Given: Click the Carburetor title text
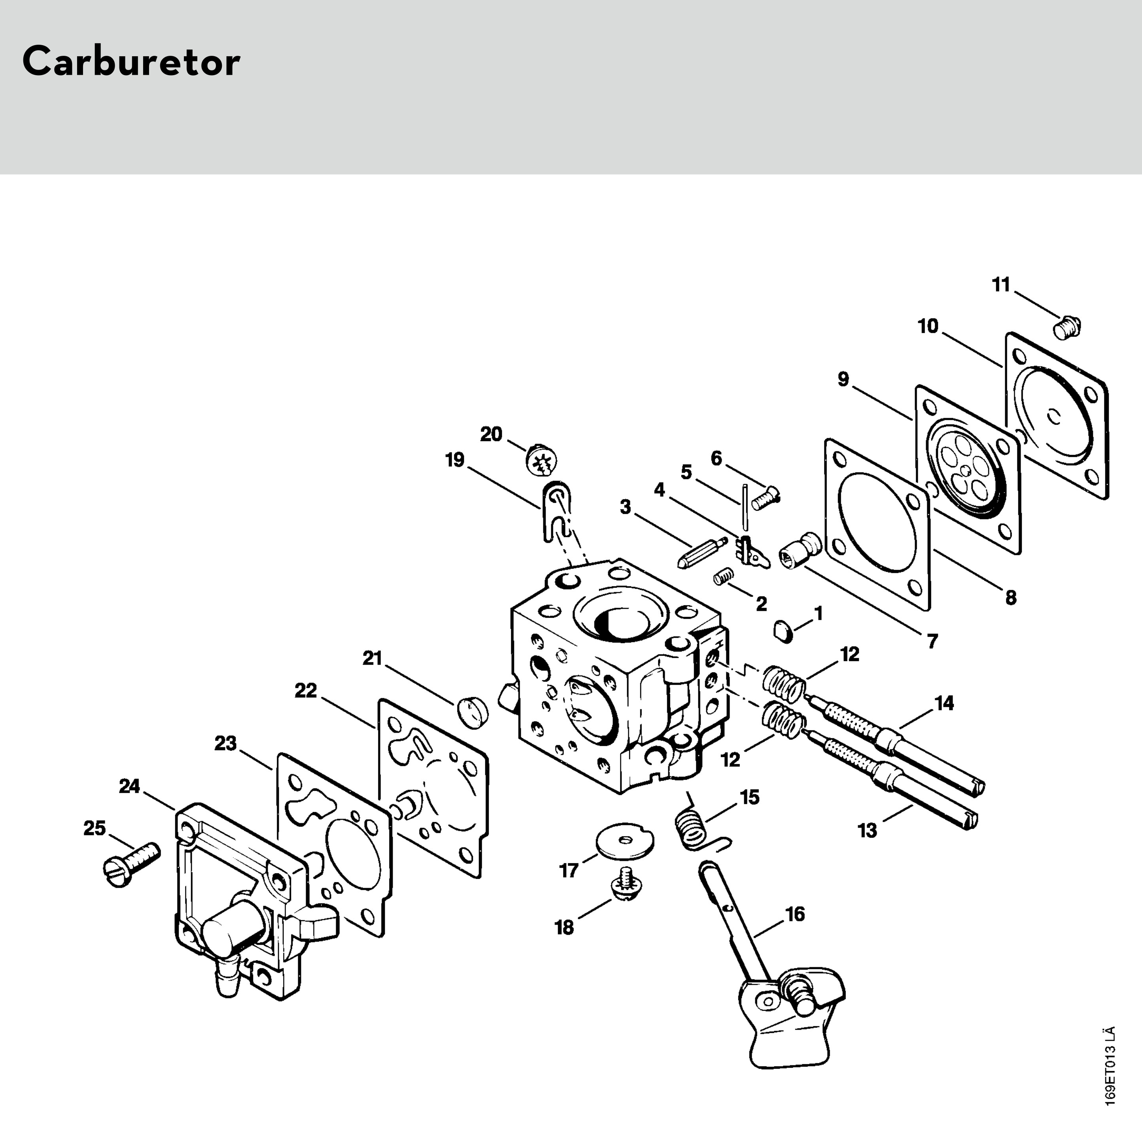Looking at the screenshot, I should click(131, 61).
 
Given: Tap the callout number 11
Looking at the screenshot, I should click(1001, 285).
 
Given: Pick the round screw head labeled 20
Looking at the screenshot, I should click(541, 459).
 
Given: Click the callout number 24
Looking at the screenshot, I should click(129, 786).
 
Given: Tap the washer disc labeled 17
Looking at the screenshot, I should click(624, 840).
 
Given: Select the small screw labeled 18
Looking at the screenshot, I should click(626, 890).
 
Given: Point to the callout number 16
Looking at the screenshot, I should click(795, 914).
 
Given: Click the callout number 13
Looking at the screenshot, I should click(867, 831).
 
